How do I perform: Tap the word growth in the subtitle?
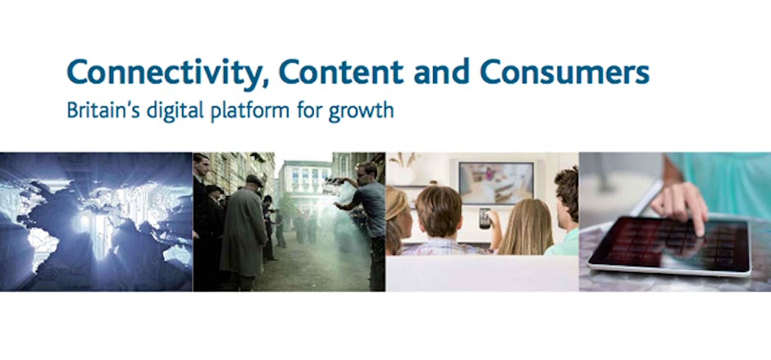point(361,112)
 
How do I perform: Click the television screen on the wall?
point(495,182)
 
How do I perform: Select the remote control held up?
point(486,218)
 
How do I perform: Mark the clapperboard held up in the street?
point(334,186)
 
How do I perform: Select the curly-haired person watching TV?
point(564,211)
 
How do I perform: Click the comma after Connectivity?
point(265,86)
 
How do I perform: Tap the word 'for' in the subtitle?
point(310,110)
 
